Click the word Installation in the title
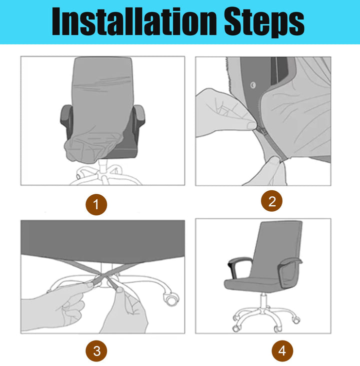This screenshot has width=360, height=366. coord(134,21)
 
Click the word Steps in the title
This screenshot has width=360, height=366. coord(264,22)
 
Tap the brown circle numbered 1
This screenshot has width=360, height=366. coord(96,205)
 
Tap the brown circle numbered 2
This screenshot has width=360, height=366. coord(271,201)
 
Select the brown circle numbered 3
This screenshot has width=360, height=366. coord(96,351)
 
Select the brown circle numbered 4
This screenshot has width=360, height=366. coord(282,351)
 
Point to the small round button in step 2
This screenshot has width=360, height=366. coord(253,85)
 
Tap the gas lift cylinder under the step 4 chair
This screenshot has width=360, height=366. coord(263,301)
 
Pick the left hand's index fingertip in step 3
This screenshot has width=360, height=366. coord(89,285)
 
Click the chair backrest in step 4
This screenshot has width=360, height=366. coord(276,249)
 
